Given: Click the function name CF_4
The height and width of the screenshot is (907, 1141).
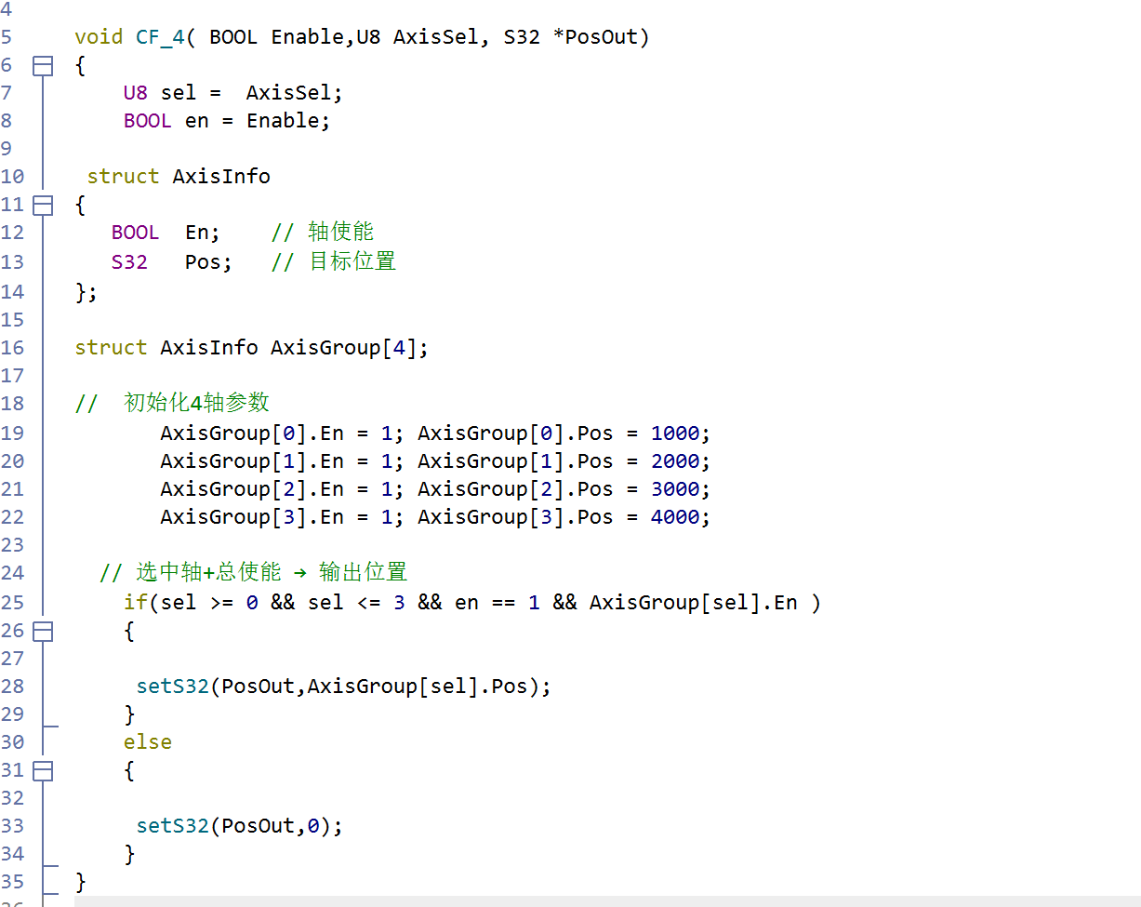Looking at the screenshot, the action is click(x=160, y=37).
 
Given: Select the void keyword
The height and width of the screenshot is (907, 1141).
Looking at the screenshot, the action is click(x=99, y=37).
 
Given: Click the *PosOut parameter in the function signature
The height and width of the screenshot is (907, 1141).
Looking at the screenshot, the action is click(x=595, y=37).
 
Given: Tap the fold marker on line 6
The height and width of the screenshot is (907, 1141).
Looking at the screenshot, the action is click(x=43, y=66).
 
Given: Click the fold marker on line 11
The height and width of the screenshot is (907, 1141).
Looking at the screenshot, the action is click(x=43, y=206).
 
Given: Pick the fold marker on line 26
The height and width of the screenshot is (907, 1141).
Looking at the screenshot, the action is click(x=43, y=632).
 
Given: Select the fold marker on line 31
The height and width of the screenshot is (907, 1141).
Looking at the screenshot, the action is click(x=43, y=770).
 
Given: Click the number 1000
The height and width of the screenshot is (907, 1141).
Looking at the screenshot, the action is click(x=675, y=433).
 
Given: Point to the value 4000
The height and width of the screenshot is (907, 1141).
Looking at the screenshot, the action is click(x=675, y=517).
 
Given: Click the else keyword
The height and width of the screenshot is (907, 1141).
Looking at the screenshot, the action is click(x=148, y=742).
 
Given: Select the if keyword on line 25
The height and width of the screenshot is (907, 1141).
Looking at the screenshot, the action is click(x=136, y=603).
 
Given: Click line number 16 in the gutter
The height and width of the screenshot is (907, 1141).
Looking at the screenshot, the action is click(x=12, y=348).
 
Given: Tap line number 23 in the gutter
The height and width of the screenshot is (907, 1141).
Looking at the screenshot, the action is click(x=12, y=545).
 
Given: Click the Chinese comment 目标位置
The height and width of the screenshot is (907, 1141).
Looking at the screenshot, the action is click(x=352, y=261).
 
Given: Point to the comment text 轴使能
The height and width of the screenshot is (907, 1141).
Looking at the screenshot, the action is click(x=341, y=232).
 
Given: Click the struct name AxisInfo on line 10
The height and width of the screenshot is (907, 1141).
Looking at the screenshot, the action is click(x=221, y=177).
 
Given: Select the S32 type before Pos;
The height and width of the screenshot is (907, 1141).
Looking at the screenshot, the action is click(x=129, y=262).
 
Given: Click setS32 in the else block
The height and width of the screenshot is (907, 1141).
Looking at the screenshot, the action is click(x=173, y=826).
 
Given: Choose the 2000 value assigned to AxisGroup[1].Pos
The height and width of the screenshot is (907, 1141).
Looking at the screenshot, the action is click(x=675, y=461).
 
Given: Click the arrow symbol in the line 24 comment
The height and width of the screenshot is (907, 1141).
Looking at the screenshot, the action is click(x=300, y=573).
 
